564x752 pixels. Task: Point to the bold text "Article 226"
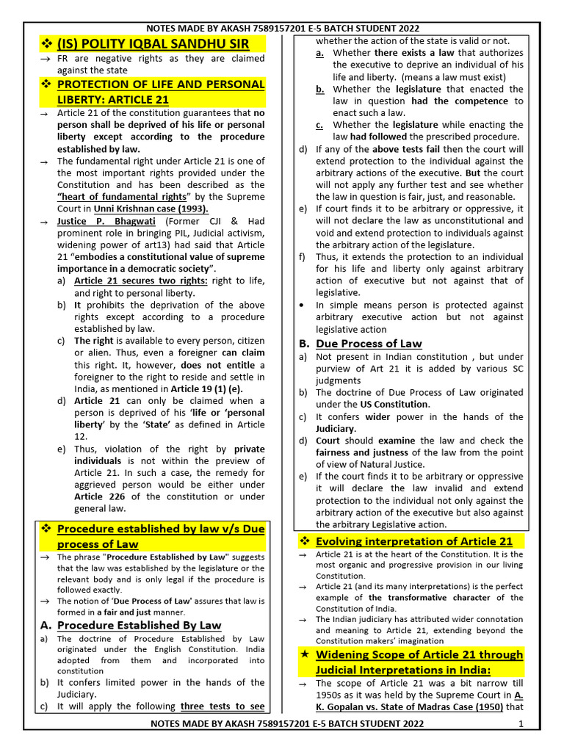tap(98, 496)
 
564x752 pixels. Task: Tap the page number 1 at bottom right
tap(521, 725)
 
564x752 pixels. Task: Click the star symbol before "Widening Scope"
tap(303, 654)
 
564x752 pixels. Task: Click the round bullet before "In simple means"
tap(303, 305)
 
